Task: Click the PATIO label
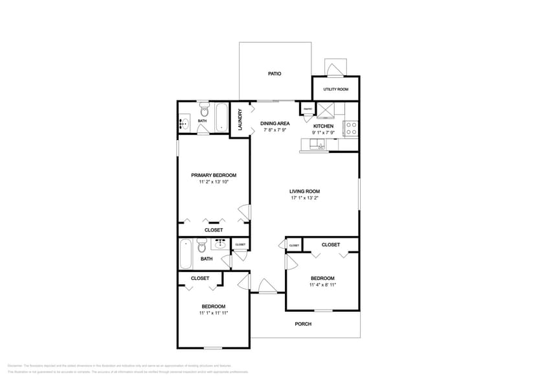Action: coord(275,74)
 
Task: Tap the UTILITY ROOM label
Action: coord(335,89)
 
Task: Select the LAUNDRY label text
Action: coord(240,119)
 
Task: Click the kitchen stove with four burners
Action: coord(351,128)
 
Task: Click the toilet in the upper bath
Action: coord(204,108)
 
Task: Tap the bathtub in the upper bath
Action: coord(221,117)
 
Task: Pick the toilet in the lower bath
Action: coord(202,247)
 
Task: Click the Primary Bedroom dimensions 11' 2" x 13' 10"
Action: coord(214,183)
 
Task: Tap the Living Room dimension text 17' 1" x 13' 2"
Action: coord(304,199)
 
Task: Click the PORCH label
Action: coord(303,324)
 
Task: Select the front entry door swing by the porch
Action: coord(266,286)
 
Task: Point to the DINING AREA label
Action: coord(275,123)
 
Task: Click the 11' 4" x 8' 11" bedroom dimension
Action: coord(322,284)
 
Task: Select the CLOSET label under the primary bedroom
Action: coord(214,230)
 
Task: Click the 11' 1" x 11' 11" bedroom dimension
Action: coord(213,313)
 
